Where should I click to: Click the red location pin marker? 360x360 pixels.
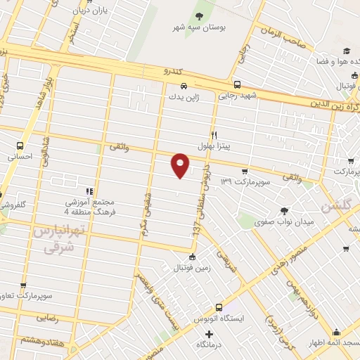click(x=181, y=165)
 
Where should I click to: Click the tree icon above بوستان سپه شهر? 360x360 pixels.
click(x=200, y=15)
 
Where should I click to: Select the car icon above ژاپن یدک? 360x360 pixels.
click(x=173, y=86)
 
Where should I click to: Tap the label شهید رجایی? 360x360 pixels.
click(x=237, y=94)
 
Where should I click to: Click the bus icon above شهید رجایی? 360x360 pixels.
click(x=237, y=83)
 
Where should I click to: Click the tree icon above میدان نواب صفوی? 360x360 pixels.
click(x=283, y=211)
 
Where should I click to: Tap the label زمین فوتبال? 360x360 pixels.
click(x=192, y=268)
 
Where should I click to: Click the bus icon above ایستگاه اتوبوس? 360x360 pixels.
click(x=219, y=307)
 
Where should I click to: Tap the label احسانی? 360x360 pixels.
click(x=20, y=157)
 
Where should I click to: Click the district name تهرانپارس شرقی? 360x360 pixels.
click(x=59, y=238)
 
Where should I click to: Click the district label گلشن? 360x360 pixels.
click(x=335, y=207)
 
